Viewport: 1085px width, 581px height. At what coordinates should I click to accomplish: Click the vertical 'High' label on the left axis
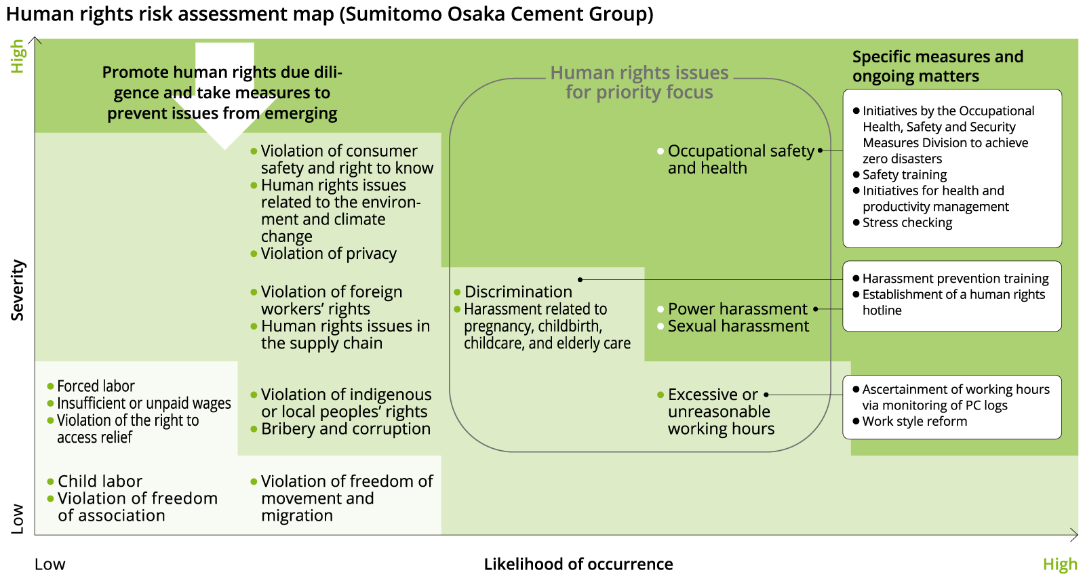18,56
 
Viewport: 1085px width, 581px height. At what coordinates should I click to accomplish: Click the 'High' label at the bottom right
1060,564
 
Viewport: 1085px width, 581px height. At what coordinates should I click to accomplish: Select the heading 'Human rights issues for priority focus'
639,83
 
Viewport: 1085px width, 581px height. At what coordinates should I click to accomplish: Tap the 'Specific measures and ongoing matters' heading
937,66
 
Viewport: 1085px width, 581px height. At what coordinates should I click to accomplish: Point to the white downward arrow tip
224,146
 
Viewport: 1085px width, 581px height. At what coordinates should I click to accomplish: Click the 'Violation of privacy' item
328,254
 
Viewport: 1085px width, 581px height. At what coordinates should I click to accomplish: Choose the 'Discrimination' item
518,292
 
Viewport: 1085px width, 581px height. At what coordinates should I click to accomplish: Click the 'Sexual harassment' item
738,326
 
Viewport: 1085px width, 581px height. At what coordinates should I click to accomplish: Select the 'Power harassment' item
737,309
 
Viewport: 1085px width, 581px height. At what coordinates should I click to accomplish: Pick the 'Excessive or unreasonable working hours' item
720,412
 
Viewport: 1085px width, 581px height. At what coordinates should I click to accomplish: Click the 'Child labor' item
100,481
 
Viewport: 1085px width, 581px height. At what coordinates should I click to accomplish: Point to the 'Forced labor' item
96,386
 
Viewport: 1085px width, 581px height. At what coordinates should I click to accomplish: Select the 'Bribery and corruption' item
345,429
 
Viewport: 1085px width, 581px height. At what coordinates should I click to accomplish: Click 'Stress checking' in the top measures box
907,223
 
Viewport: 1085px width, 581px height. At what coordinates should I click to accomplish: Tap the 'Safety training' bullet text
904,175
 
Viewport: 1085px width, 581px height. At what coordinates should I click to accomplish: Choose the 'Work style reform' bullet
914,422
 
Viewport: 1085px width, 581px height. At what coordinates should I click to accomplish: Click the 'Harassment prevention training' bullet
955,279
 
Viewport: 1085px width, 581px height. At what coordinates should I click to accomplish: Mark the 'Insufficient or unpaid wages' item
144,403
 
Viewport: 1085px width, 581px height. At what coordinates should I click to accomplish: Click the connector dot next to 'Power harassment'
816,309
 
